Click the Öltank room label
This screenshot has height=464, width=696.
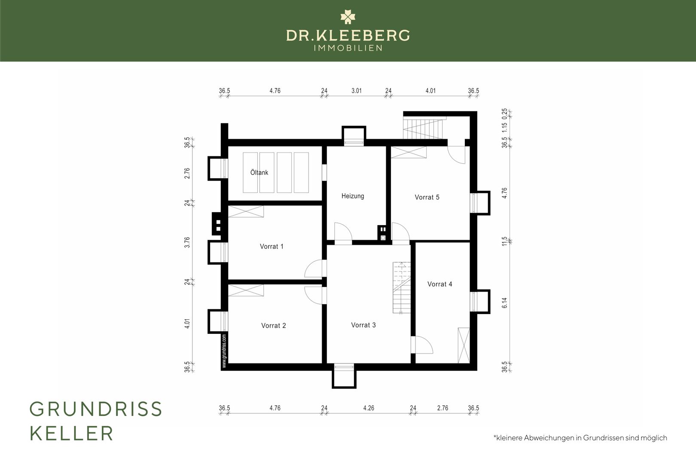(x=259, y=172)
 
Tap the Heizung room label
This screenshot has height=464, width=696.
(x=353, y=196)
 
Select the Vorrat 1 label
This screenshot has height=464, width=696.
(x=272, y=247)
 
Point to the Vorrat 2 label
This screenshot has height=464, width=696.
(x=273, y=325)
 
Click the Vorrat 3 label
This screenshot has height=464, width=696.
(x=363, y=325)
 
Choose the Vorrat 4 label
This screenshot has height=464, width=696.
(x=440, y=284)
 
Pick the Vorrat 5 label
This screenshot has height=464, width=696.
(x=427, y=197)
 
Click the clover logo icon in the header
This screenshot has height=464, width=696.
(x=348, y=17)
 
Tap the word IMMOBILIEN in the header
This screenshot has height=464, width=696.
(x=348, y=48)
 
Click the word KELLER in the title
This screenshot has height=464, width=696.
(x=71, y=433)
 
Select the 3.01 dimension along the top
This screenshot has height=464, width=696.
(x=357, y=91)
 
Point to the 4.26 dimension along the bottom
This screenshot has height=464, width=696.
(x=369, y=408)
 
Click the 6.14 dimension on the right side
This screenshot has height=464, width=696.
(x=504, y=303)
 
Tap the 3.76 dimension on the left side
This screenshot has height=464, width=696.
(x=187, y=242)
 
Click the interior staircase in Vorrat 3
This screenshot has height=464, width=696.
(x=401, y=288)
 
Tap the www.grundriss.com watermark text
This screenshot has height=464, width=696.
(x=224, y=351)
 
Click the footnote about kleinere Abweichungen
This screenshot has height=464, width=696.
(x=580, y=438)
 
